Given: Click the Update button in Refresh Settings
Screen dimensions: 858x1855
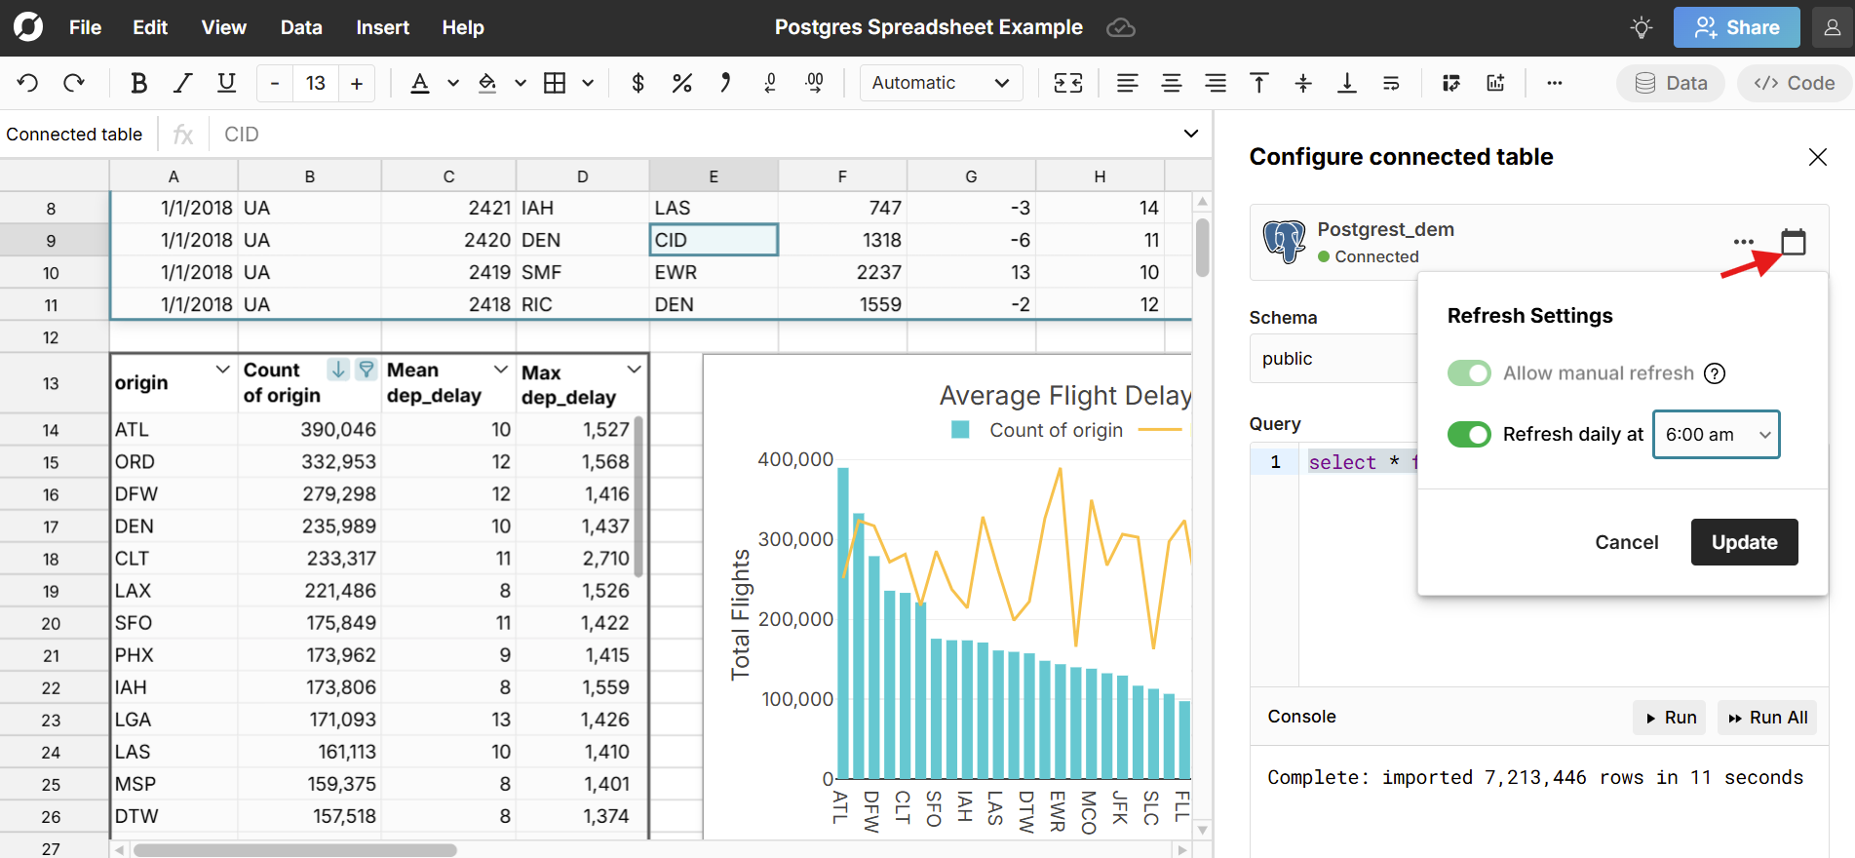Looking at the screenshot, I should [x=1744, y=542].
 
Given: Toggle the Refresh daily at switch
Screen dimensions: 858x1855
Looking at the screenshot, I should [x=1469, y=434].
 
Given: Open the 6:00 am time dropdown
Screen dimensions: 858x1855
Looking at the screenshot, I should [x=1716, y=435].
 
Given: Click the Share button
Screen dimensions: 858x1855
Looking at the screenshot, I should [x=1737, y=27].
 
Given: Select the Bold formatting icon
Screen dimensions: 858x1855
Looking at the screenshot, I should [x=138, y=83].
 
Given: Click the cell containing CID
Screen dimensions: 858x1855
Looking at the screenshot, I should [x=713, y=240].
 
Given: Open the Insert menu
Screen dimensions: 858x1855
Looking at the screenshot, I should [x=382, y=27].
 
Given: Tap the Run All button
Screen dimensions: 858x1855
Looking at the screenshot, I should [x=1767, y=718].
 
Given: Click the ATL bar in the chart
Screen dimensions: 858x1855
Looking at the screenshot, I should [x=843, y=624].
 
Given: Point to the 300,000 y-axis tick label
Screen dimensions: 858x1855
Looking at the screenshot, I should [x=795, y=539].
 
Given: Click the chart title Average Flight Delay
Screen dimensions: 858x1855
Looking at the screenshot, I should [x=1064, y=395].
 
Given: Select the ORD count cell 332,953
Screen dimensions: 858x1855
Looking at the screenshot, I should [x=338, y=461].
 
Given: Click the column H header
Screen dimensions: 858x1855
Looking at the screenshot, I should [x=1100, y=176].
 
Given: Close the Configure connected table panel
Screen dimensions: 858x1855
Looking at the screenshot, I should [x=1817, y=157].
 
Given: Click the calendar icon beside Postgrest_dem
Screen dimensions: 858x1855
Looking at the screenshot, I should [x=1793, y=241].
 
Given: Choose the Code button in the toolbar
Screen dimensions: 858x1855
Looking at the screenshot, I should [x=1795, y=83].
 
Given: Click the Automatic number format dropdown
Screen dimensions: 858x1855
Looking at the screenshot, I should [x=940, y=83].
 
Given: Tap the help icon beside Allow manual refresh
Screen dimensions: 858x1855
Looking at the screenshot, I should [x=1715, y=373].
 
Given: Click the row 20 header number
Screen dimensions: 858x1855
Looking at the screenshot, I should [x=51, y=623].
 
